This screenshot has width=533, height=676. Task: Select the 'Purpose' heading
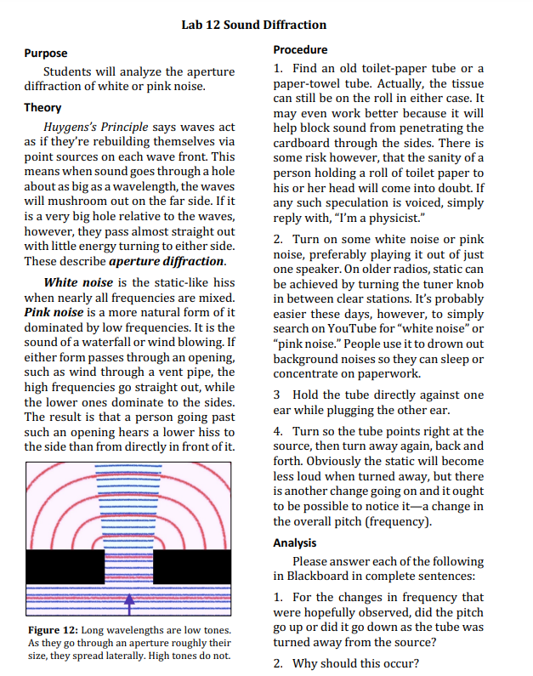click(x=46, y=53)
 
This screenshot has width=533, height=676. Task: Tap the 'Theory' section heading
click(x=43, y=108)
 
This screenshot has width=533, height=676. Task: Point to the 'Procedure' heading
click(x=300, y=49)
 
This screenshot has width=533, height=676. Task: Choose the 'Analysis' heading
click(x=295, y=543)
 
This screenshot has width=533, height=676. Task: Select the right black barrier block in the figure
click(x=191, y=567)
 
